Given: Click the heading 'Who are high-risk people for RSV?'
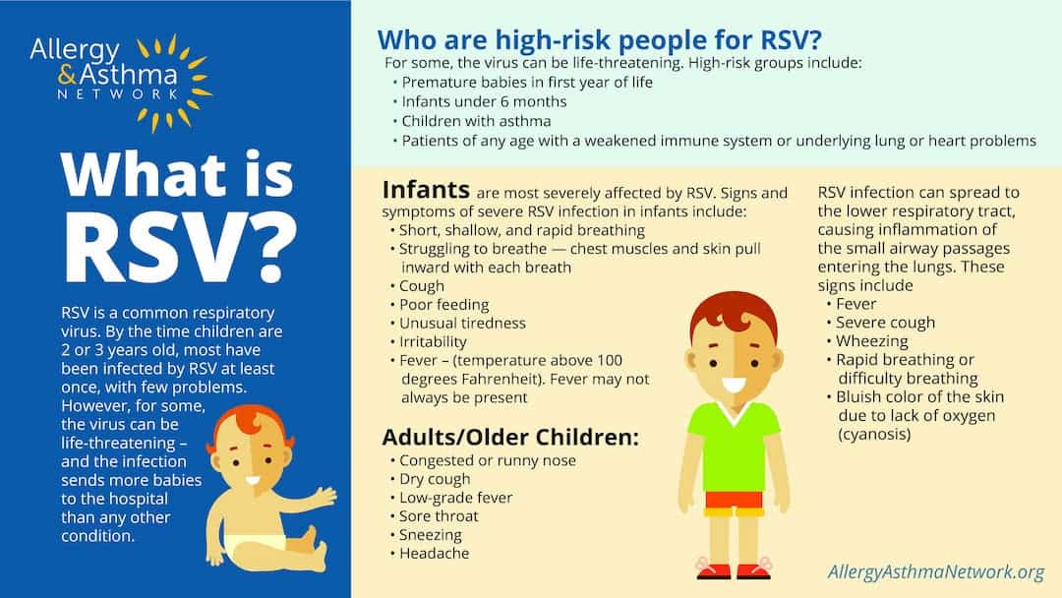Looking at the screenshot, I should [600, 40].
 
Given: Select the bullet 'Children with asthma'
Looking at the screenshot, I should [476, 121].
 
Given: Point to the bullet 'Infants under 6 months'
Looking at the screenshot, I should [484, 101].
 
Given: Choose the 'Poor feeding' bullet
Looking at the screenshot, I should [443, 305].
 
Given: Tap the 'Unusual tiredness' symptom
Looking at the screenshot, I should [462, 324].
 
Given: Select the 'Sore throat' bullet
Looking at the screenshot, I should [439, 516].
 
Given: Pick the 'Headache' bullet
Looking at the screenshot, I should [434, 554].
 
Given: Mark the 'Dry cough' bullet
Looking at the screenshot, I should [435, 479].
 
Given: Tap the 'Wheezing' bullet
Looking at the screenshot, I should [871, 341].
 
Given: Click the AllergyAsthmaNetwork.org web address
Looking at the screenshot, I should [936, 572].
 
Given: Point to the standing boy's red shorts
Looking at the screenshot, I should [734, 503].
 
